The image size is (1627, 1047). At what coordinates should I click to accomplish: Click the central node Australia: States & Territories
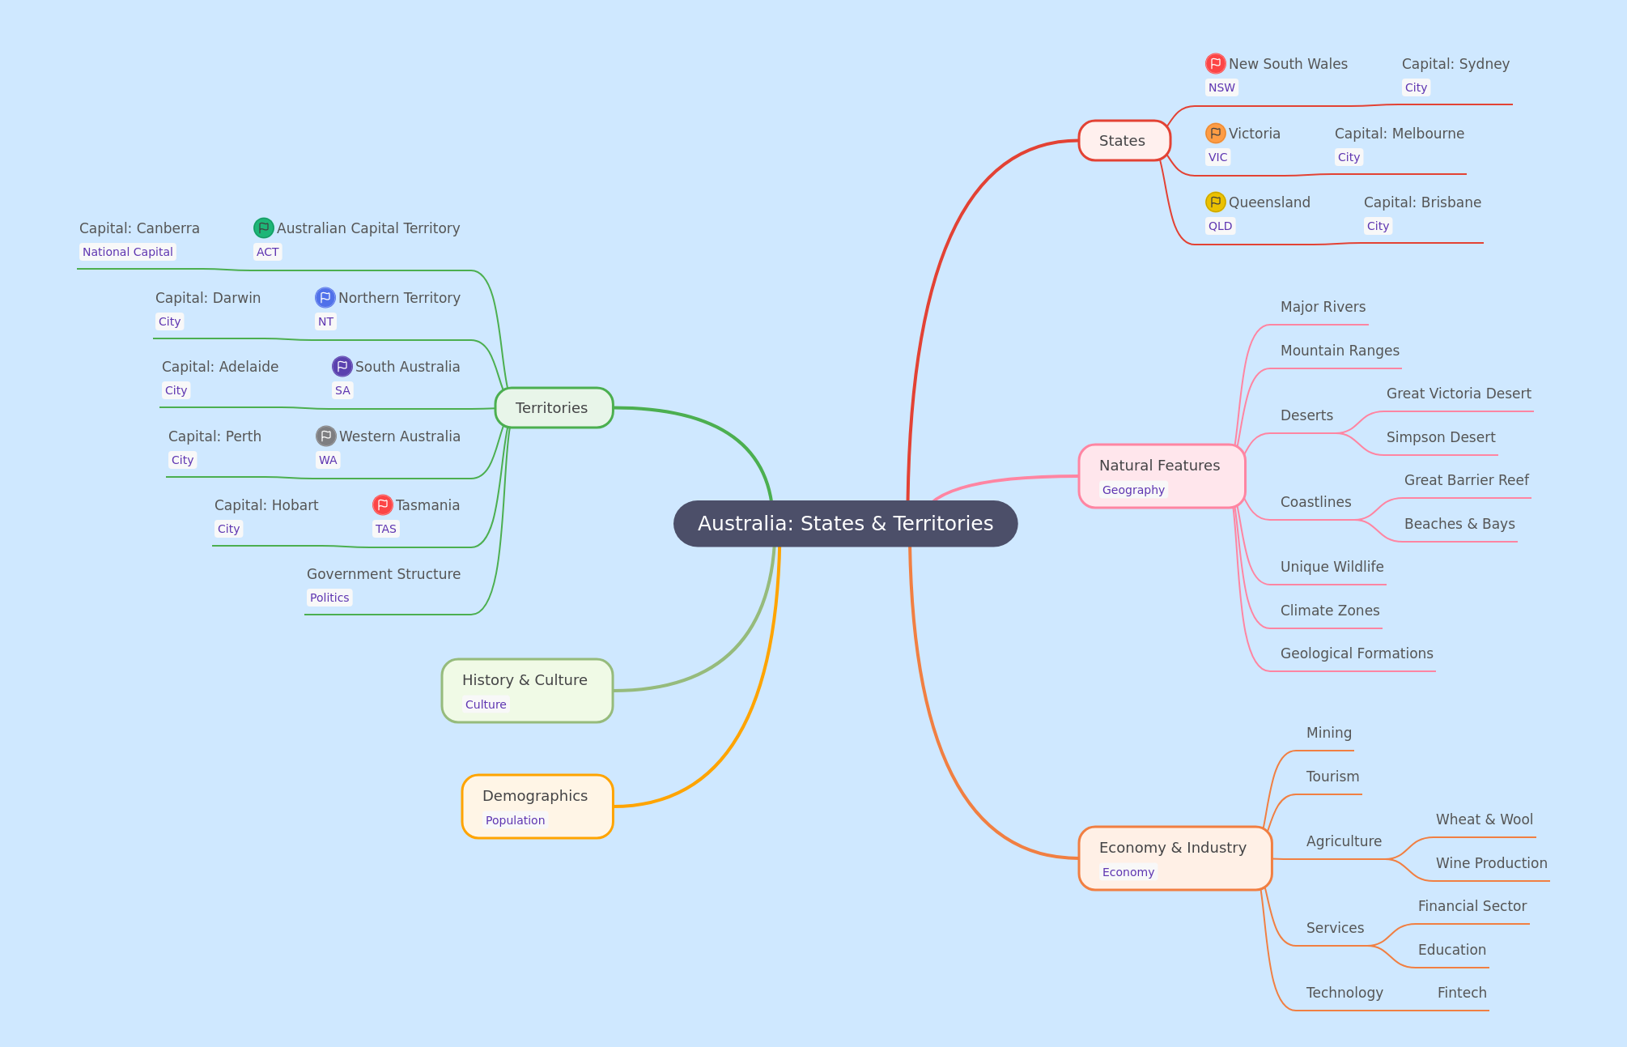click(845, 524)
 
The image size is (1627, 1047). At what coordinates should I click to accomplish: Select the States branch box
click(1124, 141)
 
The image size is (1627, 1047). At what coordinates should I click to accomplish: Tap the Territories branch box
click(554, 408)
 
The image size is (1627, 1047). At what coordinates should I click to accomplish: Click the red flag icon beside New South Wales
click(1215, 63)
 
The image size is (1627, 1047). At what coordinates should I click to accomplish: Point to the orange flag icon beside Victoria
click(1215, 133)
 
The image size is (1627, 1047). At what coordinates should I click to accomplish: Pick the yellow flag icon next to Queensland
click(1215, 202)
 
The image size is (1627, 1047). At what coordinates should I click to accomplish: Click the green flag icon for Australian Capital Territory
click(263, 228)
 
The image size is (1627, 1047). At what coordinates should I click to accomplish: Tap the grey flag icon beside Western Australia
click(325, 436)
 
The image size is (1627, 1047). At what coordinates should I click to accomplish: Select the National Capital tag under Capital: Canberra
click(128, 252)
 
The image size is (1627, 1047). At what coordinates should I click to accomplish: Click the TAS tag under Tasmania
click(385, 529)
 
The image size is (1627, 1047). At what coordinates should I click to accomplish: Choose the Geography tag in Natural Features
click(1133, 490)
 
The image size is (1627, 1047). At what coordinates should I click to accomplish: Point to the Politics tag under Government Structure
click(329, 598)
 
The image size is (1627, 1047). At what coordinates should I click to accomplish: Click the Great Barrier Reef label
click(1466, 480)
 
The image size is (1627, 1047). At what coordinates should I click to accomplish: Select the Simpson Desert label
click(1441, 437)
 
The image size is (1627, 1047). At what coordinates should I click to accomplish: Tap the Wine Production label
click(1491, 863)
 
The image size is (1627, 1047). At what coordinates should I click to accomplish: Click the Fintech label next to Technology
click(1462, 993)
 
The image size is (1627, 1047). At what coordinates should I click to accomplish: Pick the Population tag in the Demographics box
click(515, 820)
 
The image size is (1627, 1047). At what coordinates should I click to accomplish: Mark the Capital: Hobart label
click(266, 505)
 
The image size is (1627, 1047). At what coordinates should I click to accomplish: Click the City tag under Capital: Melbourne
click(1349, 157)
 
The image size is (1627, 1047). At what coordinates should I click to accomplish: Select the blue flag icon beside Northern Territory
click(325, 297)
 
